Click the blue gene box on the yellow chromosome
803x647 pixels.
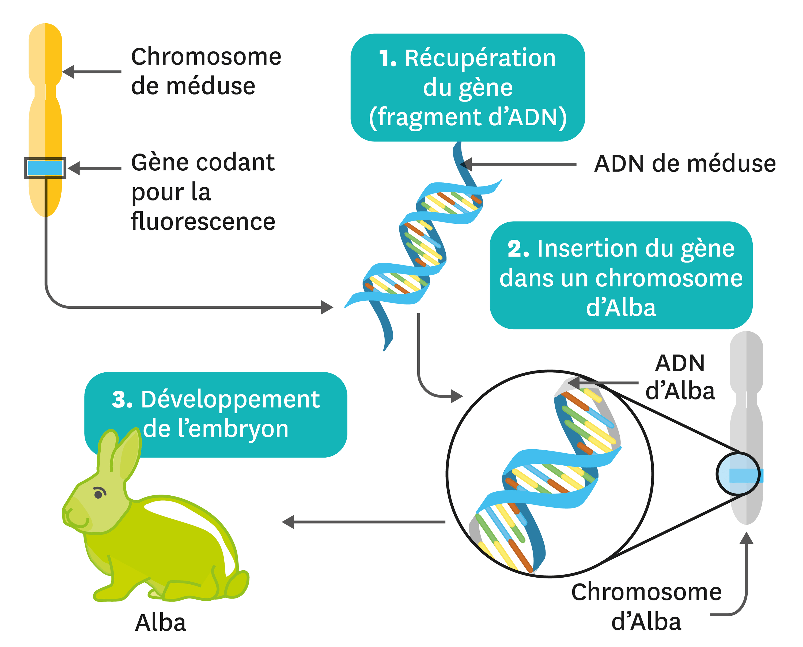(x=45, y=168)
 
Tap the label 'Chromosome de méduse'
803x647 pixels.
(x=206, y=71)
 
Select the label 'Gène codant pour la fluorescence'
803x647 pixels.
(x=203, y=192)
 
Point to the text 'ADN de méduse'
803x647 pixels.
(x=685, y=164)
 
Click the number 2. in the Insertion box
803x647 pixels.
(x=518, y=249)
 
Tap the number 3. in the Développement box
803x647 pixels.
(x=122, y=399)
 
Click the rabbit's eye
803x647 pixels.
(x=98, y=495)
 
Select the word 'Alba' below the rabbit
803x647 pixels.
(x=161, y=623)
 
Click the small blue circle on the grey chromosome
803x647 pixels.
(x=738, y=474)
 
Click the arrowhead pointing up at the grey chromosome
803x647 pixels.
(x=746, y=538)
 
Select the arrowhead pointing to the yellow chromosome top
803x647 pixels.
(x=68, y=72)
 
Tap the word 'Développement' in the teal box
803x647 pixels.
(x=230, y=399)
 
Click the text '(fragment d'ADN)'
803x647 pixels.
(x=468, y=117)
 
